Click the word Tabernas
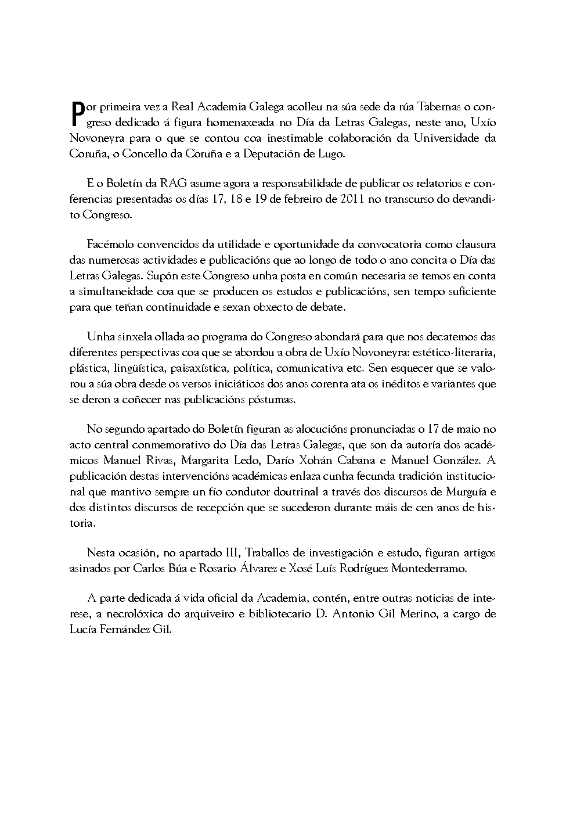433,107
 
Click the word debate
328,307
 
